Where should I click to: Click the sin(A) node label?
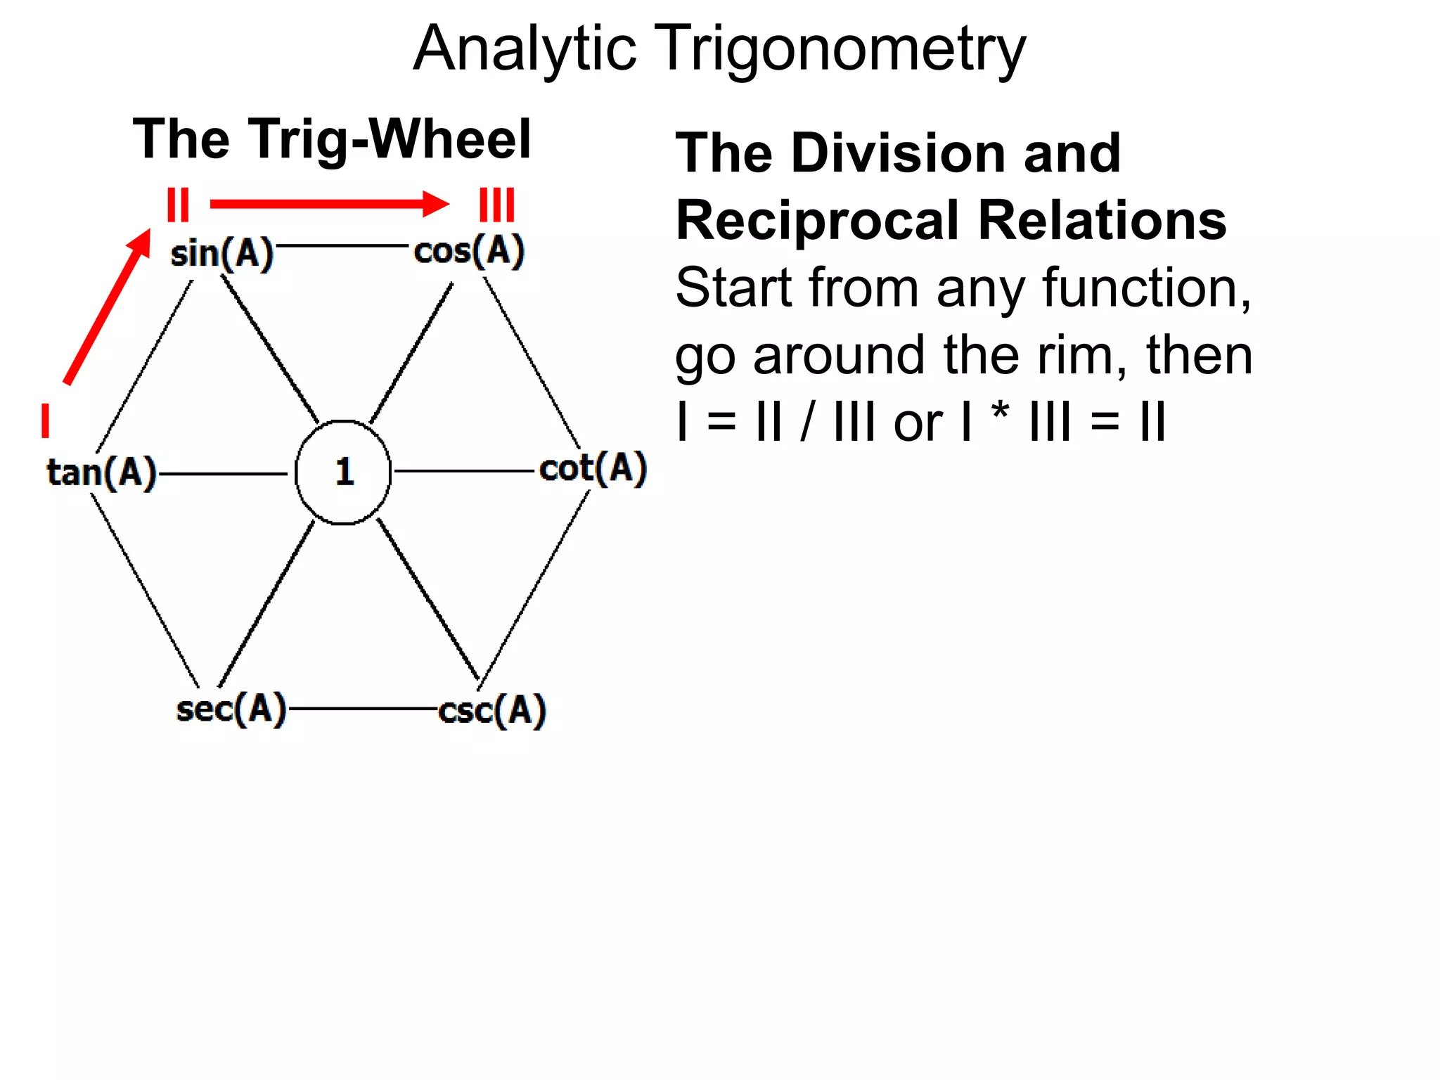pos(221,254)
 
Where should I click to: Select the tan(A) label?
pos(101,472)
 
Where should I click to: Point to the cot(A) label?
pos(593,469)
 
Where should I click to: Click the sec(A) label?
pos(231,709)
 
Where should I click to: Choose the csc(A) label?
pos(492,710)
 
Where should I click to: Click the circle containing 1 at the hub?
pos(343,472)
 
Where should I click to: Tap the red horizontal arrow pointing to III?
pos(329,204)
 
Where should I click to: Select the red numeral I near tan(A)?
pos(46,420)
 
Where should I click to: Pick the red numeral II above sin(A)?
pos(178,205)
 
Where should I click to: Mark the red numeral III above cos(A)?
pos(497,205)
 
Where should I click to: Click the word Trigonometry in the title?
pos(841,49)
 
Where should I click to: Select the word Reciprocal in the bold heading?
pos(816,221)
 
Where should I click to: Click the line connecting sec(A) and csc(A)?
pos(363,709)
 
